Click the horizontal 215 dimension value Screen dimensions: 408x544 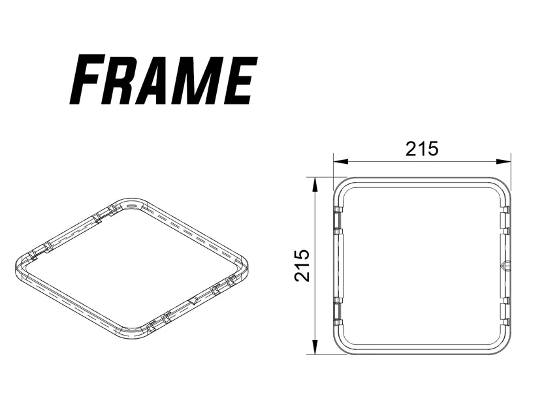pos(421,149)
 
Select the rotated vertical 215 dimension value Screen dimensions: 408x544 pos(302,264)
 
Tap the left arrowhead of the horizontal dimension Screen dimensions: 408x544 pos(338,161)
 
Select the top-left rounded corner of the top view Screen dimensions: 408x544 pos(343,186)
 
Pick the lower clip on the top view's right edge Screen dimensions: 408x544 pos(505,310)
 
